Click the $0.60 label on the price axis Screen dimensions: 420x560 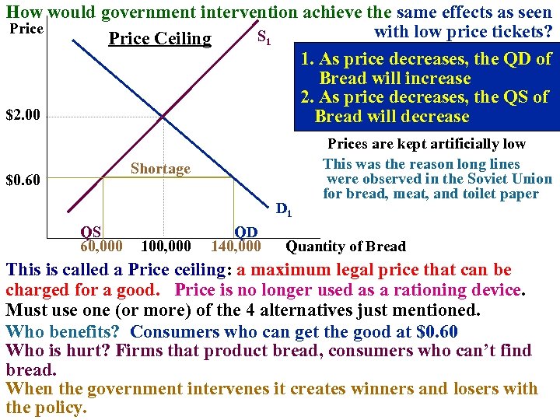click(22, 181)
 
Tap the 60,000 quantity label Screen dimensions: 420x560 click(101, 247)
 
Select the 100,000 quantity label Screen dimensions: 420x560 click(166, 247)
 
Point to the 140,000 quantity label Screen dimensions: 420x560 click(236, 247)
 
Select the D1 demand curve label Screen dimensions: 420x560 click(284, 208)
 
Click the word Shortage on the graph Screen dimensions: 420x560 click(160, 169)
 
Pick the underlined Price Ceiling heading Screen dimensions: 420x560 click(159, 39)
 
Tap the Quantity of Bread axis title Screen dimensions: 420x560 click(345, 247)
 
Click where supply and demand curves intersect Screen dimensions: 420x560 click(164, 117)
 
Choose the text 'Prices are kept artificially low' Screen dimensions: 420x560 click(426, 144)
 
